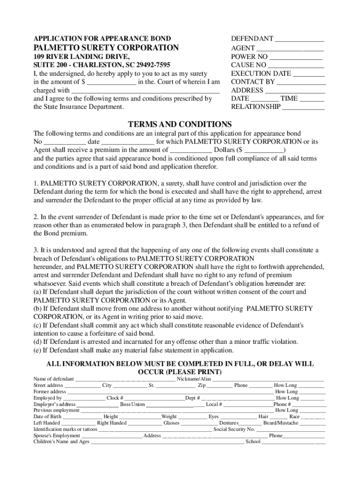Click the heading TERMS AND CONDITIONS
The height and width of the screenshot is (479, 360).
click(180, 124)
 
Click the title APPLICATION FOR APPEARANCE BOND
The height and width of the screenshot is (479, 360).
click(102, 38)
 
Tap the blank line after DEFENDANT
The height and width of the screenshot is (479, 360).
click(299, 39)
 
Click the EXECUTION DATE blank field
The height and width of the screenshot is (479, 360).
click(309, 73)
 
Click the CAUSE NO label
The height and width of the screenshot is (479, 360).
click(249, 65)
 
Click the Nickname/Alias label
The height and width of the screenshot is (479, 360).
click(194, 378)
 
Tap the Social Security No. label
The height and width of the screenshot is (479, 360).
click(234, 429)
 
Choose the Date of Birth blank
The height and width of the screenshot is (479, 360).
click(82, 416)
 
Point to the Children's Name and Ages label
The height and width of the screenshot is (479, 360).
click(61, 442)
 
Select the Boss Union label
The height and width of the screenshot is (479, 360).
click(132, 404)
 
